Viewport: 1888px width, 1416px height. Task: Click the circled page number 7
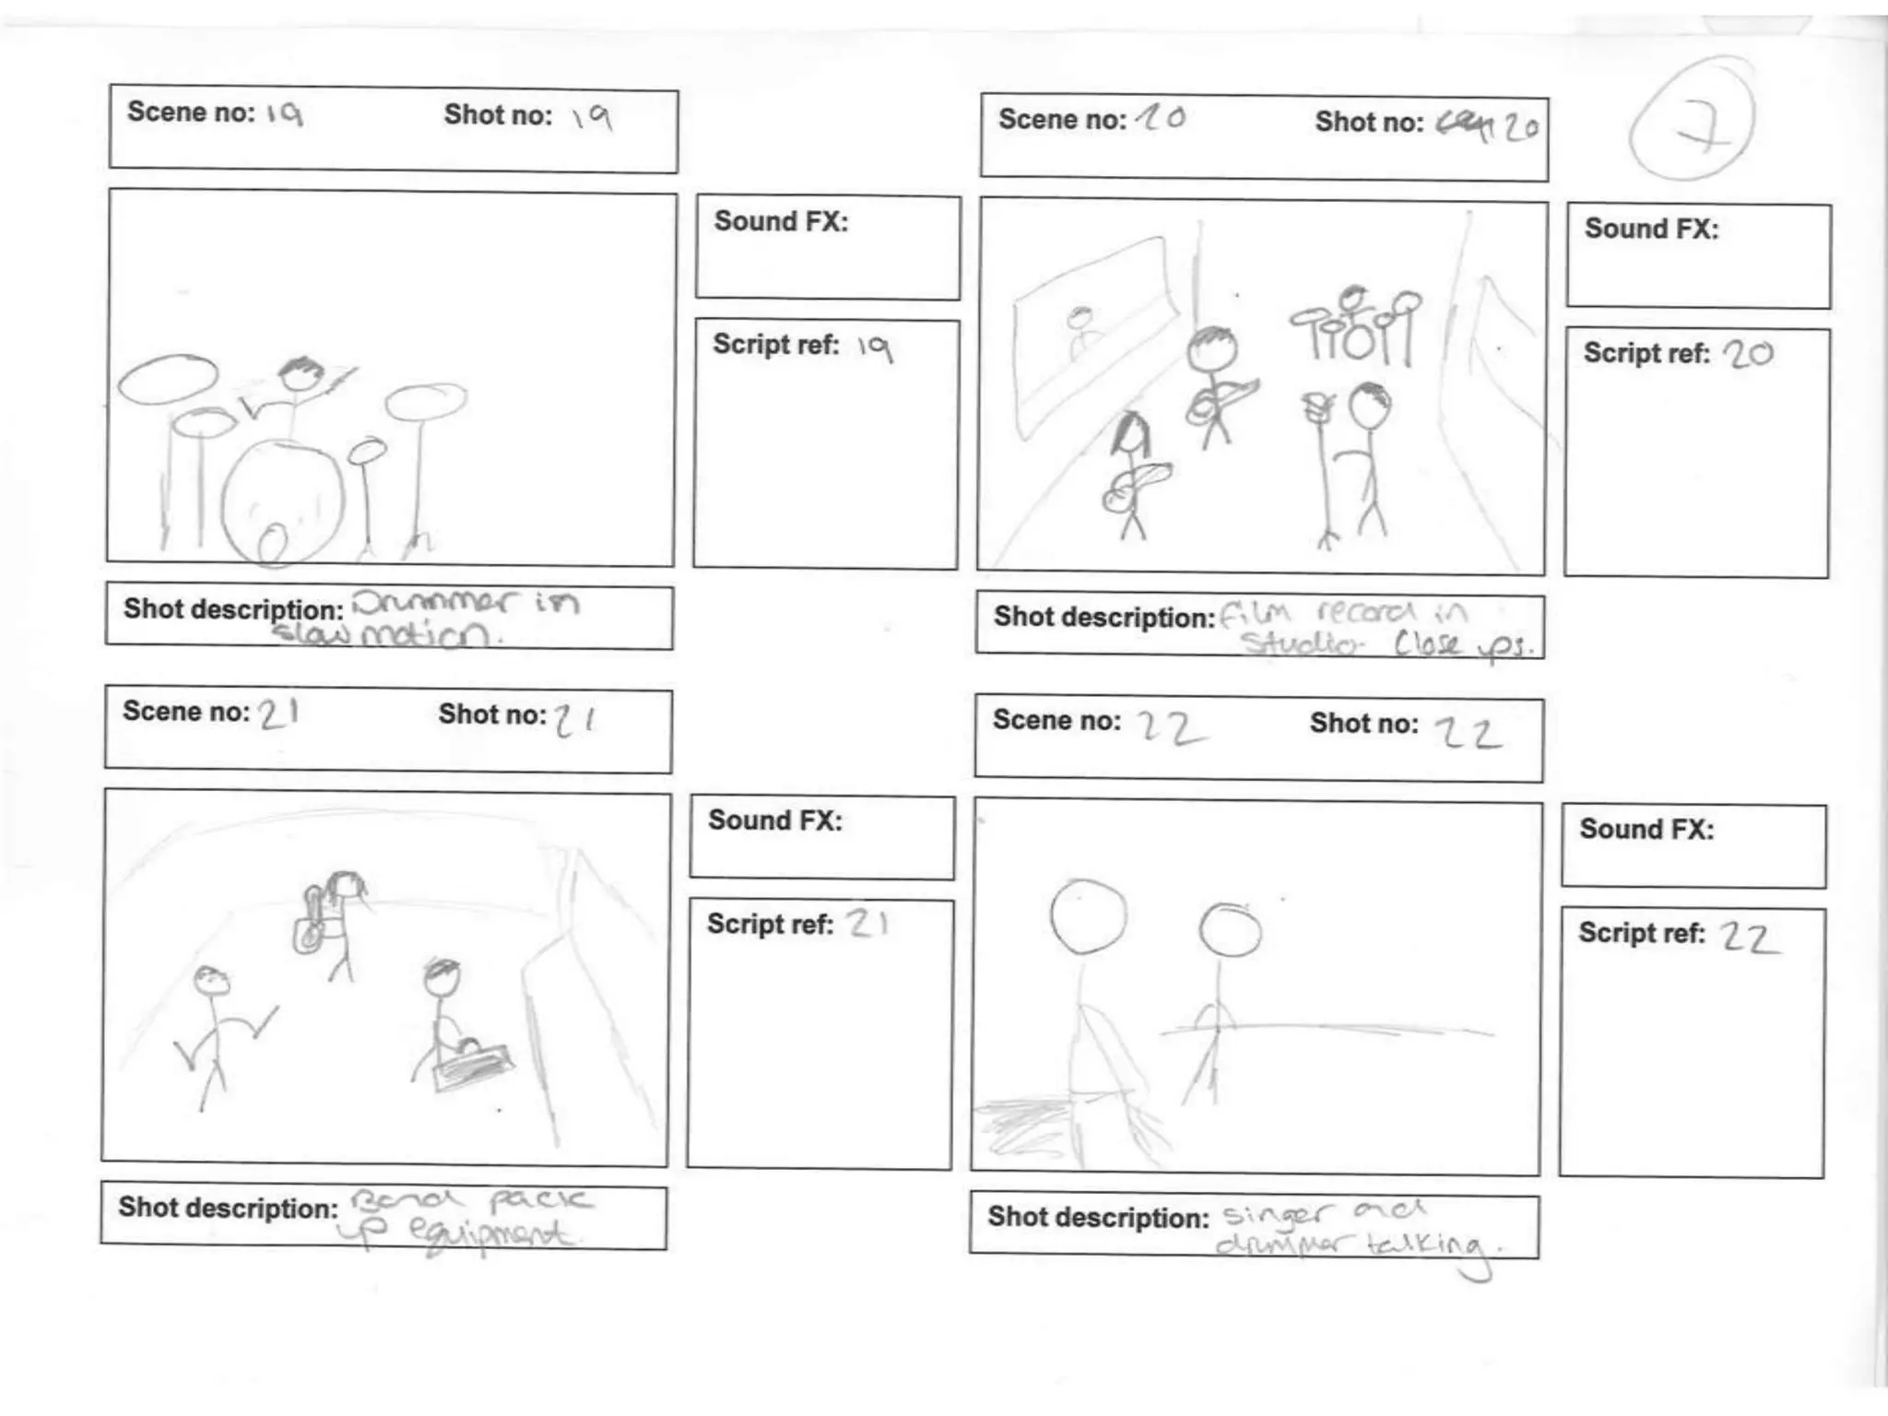point(1692,120)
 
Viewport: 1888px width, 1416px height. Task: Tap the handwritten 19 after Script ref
point(874,348)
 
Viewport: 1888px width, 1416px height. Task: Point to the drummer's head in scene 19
point(300,372)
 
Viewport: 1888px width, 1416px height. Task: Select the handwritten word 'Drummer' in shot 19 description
point(433,603)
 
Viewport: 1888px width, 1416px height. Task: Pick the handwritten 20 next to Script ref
point(1747,354)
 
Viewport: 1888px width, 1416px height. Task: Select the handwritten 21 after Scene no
point(277,714)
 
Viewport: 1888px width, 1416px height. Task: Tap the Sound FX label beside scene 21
point(774,820)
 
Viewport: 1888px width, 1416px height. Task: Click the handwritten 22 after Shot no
point(1468,734)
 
